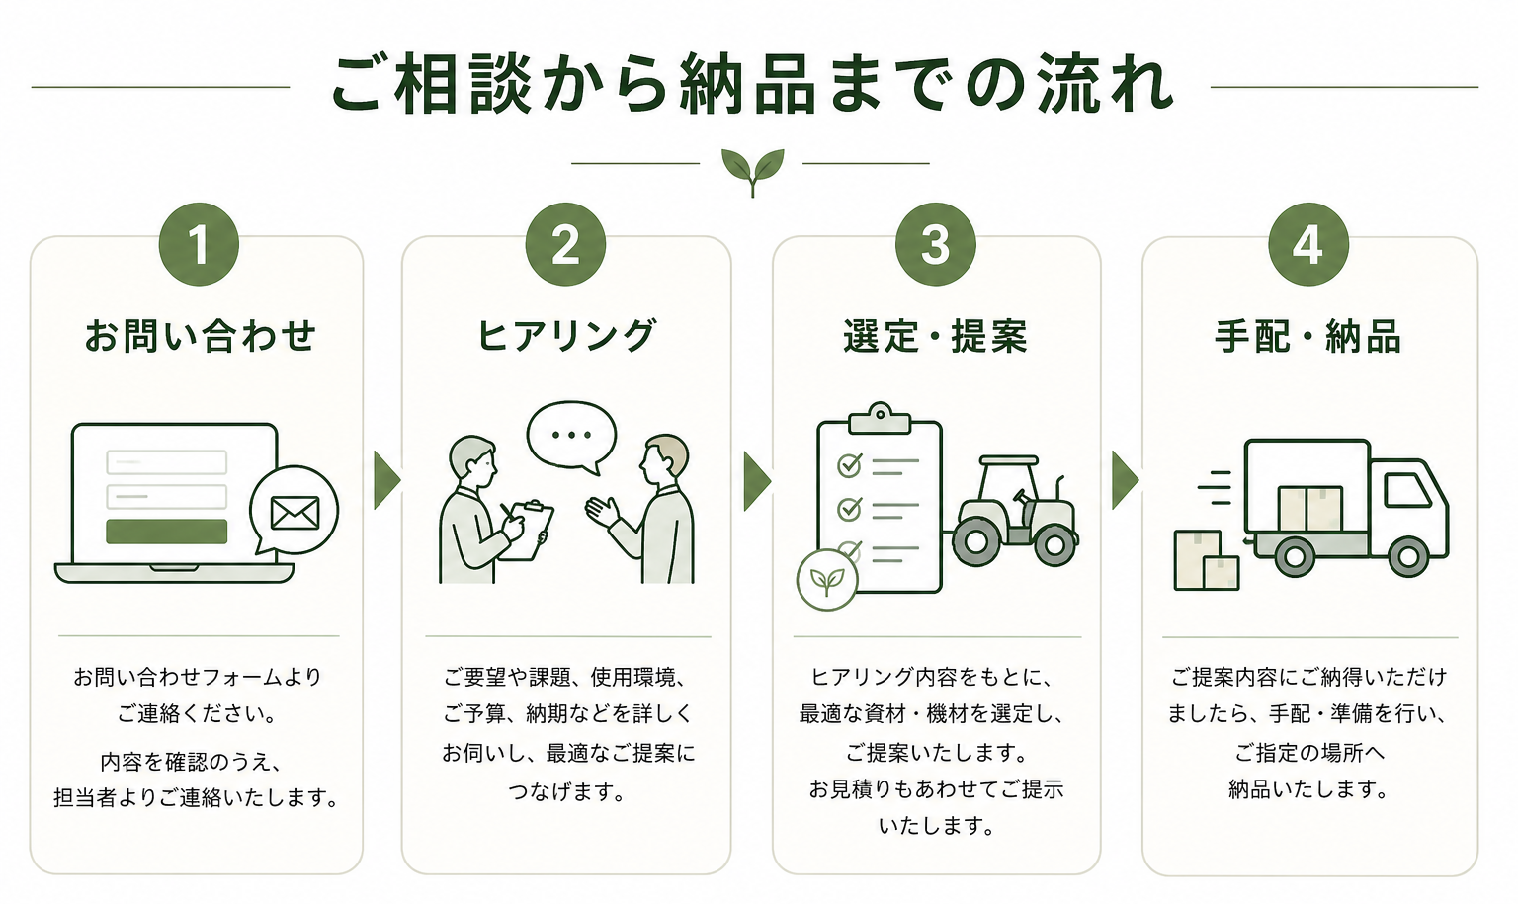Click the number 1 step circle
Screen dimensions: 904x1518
point(199,244)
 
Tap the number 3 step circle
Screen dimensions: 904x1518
point(935,244)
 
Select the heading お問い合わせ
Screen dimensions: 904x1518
point(200,336)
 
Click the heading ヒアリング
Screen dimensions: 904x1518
point(566,336)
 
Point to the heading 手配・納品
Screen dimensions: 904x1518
point(1307,337)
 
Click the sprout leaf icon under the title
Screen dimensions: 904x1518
point(752,170)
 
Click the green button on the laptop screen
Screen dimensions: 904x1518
point(167,531)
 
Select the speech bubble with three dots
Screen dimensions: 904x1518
point(571,436)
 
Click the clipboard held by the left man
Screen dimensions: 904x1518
point(527,530)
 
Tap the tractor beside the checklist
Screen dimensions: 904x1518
point(1016,512)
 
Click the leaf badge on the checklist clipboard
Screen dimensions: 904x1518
point(826,580)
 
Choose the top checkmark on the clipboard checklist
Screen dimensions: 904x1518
point(849,464)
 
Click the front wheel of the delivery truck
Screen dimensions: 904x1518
point(1407,556)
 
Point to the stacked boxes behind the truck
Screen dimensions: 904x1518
point(1206,561)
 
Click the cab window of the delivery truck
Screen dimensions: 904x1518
point(1405,489)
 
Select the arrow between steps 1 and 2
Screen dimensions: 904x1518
point(386,480)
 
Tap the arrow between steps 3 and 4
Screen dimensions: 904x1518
point(1125,480)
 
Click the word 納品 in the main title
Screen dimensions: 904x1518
point(748,85)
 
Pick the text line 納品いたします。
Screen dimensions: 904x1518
point(1308,789)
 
